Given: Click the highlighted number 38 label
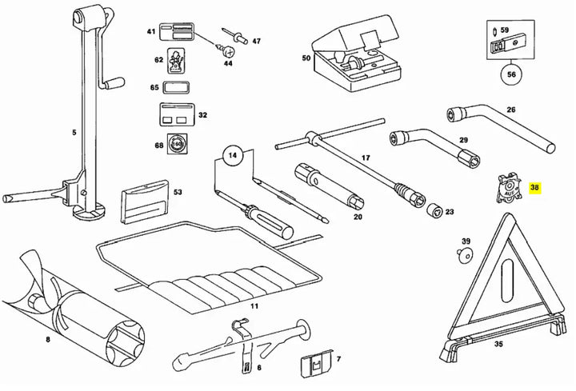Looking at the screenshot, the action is [x=534, y=188].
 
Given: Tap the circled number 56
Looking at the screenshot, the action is [x=511, y=74].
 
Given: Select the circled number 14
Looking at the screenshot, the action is [x=233, y=155].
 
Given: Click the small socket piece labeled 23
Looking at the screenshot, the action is [x=435, y=210].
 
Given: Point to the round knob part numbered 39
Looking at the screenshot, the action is [x=466, y=255].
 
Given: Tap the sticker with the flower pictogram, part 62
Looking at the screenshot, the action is [x=176, y=61].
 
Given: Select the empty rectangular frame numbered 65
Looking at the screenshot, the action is [x=175, y=88].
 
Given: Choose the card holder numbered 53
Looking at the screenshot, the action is [x=144, y=201].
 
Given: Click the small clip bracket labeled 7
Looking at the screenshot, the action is [x=316, y=364].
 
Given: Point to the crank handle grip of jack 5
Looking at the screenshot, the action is [x=114, y=83].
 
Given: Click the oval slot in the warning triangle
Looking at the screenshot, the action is [x=506, y=280].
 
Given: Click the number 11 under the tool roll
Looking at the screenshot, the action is [x=254, y=305].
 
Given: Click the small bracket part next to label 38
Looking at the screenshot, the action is [x=509, y=188].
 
